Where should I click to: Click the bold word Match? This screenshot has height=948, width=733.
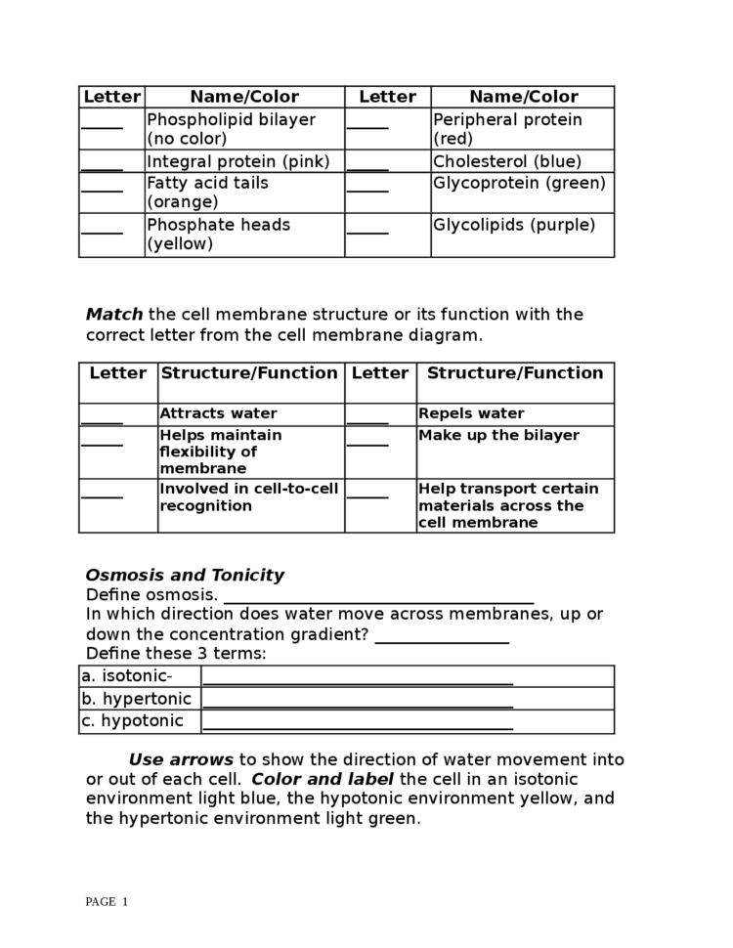tap(114, 315)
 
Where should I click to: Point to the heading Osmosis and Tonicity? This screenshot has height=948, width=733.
tap(185, 575)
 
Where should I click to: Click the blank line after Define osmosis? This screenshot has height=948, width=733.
tap(379, 597)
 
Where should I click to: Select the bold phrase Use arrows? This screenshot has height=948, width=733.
tap(181, 759)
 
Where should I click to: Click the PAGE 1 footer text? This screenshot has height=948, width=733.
tap(107, 901)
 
